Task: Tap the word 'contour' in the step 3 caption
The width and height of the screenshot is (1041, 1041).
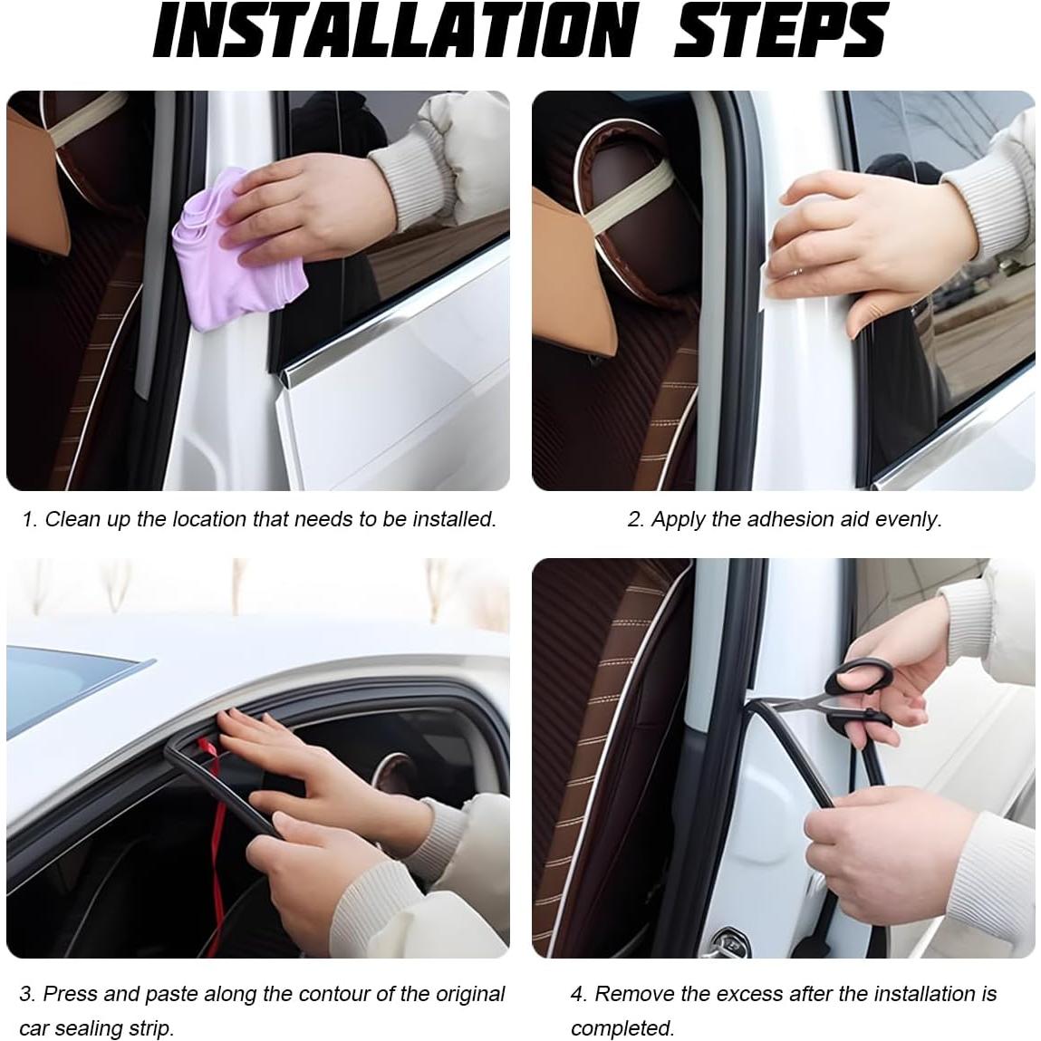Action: (x=334, y=994)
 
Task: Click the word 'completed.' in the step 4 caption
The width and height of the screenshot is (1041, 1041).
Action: (x=622, y=1028)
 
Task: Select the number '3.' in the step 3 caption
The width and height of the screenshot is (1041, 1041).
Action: (x=27, y=994)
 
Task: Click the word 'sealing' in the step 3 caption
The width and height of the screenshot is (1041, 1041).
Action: (x=89, y=1028)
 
